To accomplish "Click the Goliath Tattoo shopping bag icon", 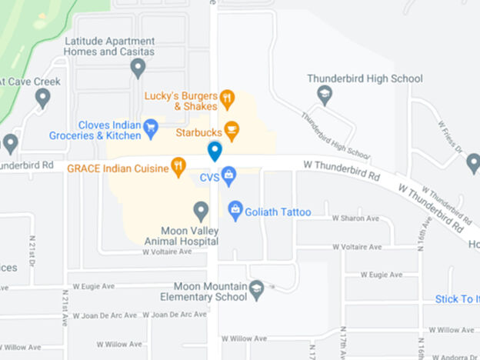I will [x=235, y=209].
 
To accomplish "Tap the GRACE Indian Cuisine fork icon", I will [x=178, y=166].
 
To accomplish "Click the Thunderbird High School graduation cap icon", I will [x=325, y=95].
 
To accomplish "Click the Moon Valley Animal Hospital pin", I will [x=201, y=210].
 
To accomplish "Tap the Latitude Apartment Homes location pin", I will [x=138, y=69].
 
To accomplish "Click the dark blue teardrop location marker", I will [x=215, y=151].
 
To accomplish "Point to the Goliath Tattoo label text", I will [x=278, y=212].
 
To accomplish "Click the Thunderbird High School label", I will [x=365, y=78].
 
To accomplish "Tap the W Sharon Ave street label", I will [x=356, y=218].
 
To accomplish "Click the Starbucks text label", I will [x=198, y=132].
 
